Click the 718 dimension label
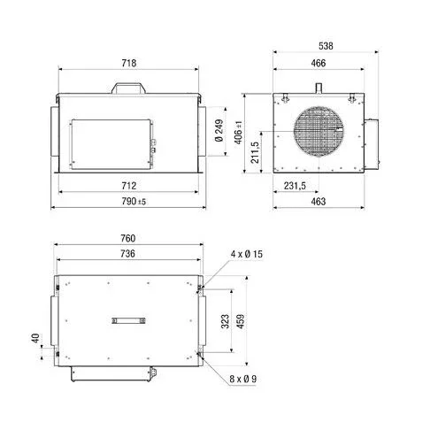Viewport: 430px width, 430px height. point(129,63)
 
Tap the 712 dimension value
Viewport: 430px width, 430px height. point(129,186)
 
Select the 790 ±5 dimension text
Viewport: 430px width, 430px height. point(134,202)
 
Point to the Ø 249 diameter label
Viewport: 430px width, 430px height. point(219,131)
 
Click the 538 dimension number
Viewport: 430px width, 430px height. point(326,46)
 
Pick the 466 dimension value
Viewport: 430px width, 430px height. point(319,63)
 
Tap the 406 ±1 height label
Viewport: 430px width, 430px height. point(239,133)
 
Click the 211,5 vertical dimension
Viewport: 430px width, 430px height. point(255,152)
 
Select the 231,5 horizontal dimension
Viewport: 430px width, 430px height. point(295,186)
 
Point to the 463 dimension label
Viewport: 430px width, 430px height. point(319,202)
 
